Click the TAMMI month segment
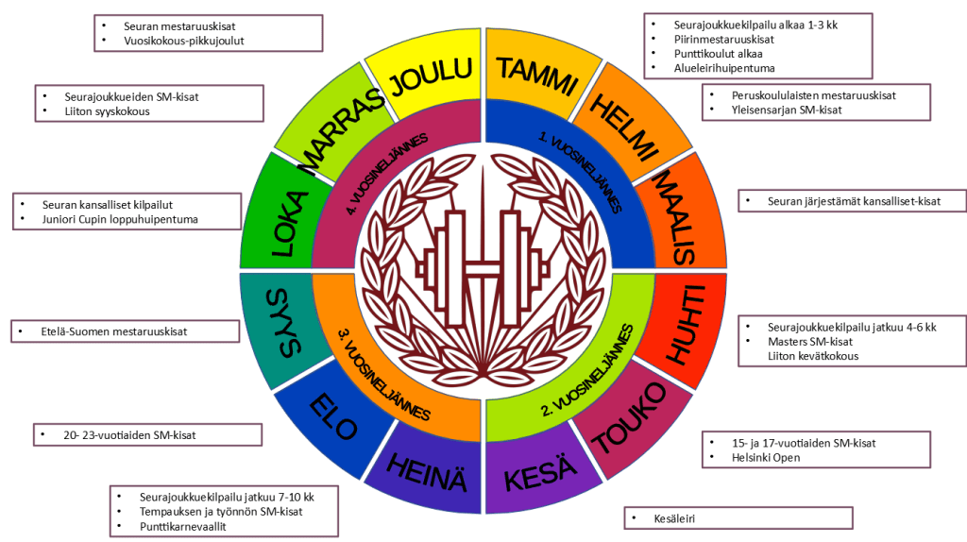point(537,76)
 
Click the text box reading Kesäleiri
point(738,517)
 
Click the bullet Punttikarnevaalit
point(186,526)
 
